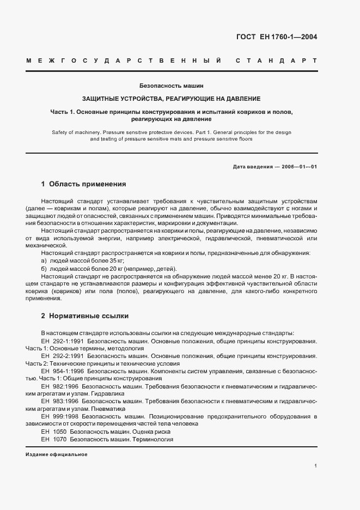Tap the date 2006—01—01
(299, 166)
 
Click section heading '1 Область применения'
(83, 184)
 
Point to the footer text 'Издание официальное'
(56, 454)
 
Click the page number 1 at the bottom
(316, 466)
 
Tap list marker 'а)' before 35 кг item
(44, 262)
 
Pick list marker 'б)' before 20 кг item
(44, 269)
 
